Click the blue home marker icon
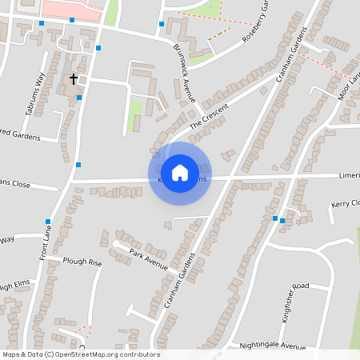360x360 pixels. coord(180,172)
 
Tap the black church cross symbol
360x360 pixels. coord(74,79)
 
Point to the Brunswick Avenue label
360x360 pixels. coord(184,72)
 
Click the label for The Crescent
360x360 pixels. coord(209,118)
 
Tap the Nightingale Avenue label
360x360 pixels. coord(272,346)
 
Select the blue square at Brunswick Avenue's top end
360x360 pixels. coord(162,24)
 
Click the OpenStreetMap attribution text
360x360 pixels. coord(80,354)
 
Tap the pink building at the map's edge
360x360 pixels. coord(72,9)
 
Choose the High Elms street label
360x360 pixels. coord(14,286)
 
